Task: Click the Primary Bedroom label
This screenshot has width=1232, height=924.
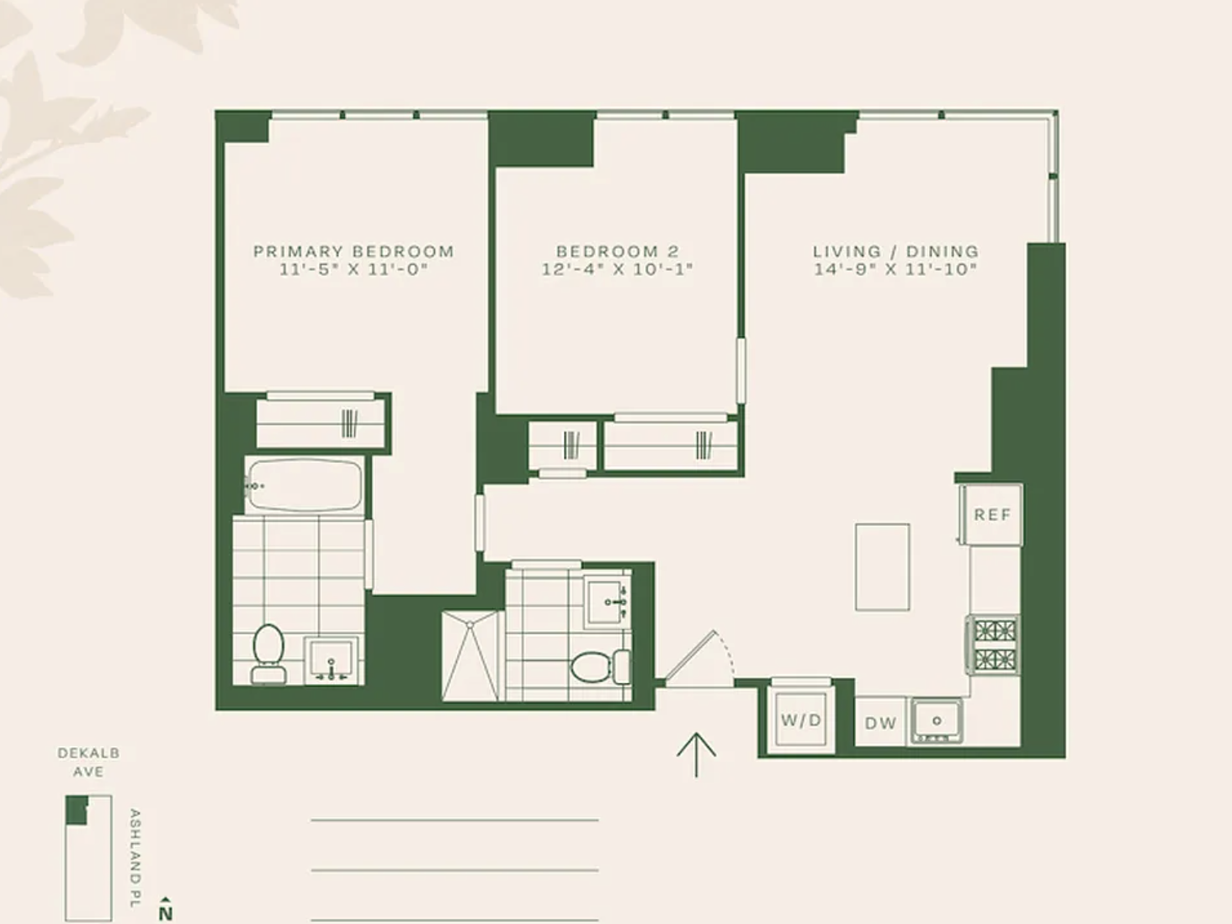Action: (x=353, y=251)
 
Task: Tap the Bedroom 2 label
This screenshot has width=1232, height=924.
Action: (x=618, y=251)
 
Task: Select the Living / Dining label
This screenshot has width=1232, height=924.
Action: (x=895, y=251)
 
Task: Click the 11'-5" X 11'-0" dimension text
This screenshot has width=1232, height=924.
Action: (x=353, y=269)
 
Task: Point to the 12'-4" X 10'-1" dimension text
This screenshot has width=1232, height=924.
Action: (x=618, y=269)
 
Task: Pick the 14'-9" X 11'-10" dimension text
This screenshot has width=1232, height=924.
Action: (x=895, y=269)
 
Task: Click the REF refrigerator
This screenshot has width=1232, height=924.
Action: (x=991, y=514)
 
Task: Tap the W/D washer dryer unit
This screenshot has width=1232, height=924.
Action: (x=801, y=720)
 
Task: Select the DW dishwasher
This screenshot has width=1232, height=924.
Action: (x=880, y=723)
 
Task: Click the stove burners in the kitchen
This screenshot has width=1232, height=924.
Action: (x=994, y=645)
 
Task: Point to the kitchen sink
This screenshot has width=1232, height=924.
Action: (x=937, y=720)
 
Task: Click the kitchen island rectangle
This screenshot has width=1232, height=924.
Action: (x=882, y=567)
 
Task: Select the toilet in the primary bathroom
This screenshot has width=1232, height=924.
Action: (x=268, y=654)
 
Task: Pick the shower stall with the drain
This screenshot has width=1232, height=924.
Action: (x=470, y=656)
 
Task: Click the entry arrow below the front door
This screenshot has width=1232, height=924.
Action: (x=696, y=755)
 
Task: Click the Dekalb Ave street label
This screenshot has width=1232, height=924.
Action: (x=88, y=762)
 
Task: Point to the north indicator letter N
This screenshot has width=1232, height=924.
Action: (x=165, y=913)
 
